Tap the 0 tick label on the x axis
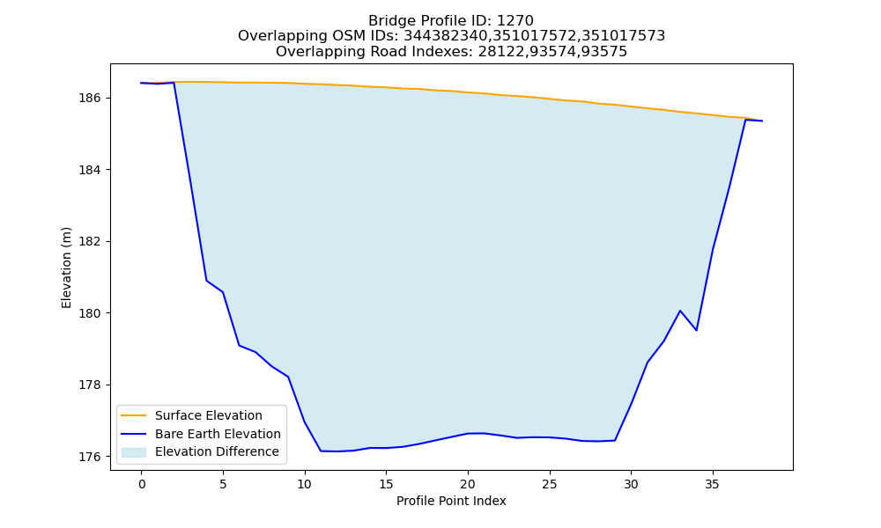coord(142,484)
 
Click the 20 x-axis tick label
coord(468,484)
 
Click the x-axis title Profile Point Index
coord(451,501)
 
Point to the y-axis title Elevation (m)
coord(66,268)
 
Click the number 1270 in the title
coord(515,21)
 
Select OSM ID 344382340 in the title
coord(446,36)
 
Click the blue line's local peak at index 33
coord(680,311)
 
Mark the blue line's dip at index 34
coord(696,331)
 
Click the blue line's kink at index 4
coord(207,281)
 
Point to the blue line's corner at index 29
coord(615,441)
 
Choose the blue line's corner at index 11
coord(321,451)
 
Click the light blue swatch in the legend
coord(134,452)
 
